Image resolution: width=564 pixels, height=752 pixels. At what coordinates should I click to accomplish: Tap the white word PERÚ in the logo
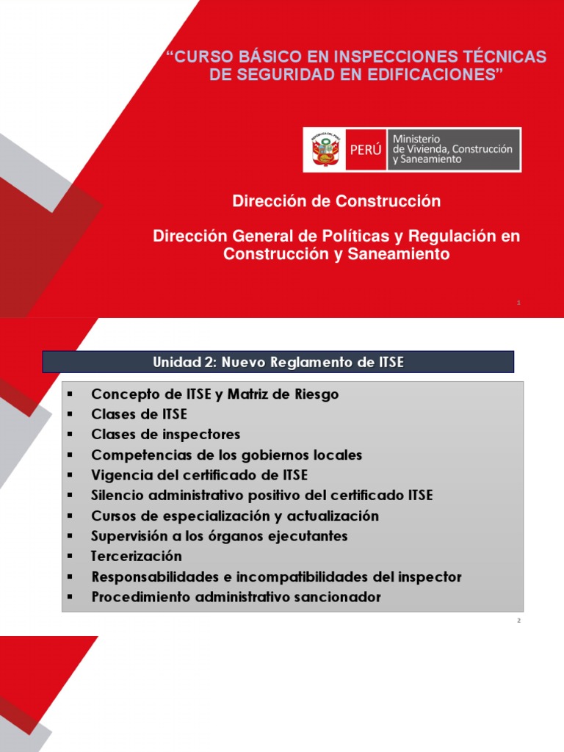366,151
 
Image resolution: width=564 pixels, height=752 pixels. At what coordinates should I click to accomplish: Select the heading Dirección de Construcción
336,200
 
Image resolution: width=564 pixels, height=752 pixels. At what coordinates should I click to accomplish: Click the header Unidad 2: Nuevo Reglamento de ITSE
278,361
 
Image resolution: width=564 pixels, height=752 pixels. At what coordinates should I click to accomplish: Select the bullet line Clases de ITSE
139,414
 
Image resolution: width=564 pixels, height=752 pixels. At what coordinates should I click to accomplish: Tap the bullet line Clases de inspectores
165,435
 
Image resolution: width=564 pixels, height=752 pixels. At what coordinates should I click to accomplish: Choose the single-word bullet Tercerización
136,556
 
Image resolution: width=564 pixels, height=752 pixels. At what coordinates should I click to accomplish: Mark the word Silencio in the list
117,495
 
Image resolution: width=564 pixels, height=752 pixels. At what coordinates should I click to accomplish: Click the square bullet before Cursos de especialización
70,516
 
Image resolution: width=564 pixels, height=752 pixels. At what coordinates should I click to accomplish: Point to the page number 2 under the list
518,621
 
